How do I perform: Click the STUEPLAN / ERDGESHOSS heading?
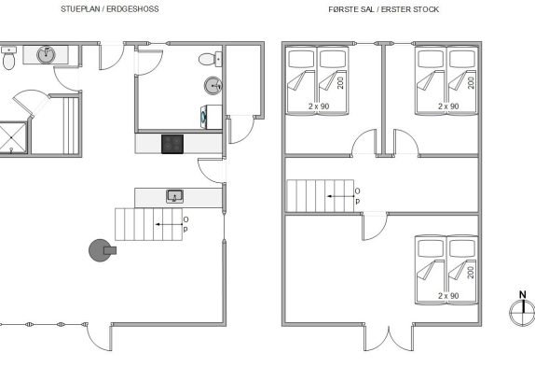(110, 9)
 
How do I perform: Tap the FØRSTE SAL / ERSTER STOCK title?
(383, 9)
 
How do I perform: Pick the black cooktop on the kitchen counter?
(172, 144)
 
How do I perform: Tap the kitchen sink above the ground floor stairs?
(174, 196)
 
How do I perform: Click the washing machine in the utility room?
(211, 118)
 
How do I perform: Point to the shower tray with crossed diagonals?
(13, 137)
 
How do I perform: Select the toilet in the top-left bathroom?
(8, 58)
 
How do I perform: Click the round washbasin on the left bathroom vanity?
(46, 55)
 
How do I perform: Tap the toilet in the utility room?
(211, 59)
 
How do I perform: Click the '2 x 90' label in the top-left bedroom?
(319, 106)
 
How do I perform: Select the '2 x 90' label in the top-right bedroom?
(448, 106)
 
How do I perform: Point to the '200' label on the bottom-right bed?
(471, 273)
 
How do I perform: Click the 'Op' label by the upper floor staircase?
(357, 196)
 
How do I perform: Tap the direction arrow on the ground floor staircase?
(169, 224)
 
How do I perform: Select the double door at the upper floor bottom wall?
(389, 338)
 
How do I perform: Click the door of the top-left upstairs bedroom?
(364, 143)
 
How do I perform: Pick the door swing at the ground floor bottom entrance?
(99, 337)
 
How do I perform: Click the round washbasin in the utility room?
(213, 85)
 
